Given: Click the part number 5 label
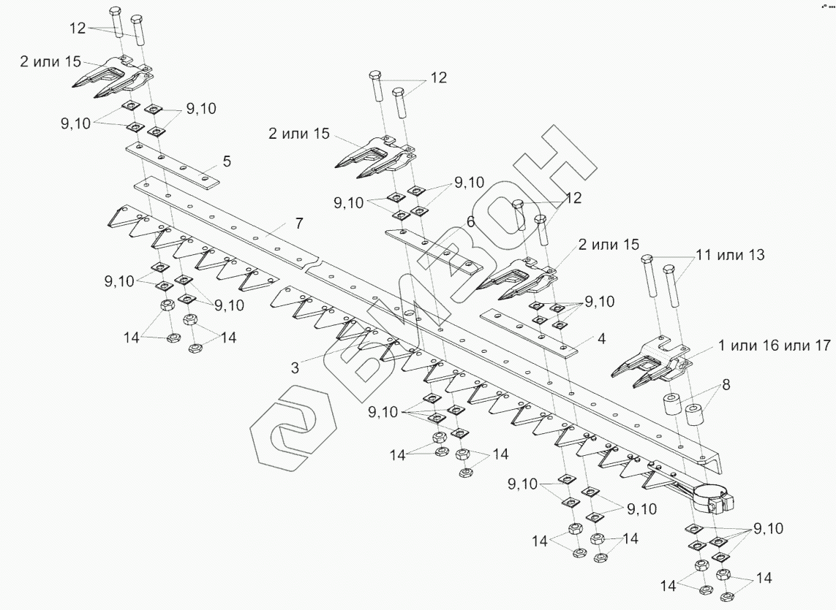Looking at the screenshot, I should (x=227, y=161).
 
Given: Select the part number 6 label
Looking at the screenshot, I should (x=471, y=221).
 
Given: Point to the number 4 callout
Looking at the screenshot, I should (x=601, y=339).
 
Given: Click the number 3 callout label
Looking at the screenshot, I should (x=295, y=368).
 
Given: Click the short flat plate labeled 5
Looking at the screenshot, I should (x=172, y=165).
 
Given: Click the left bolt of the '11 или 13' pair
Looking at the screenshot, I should (x=649, y=278).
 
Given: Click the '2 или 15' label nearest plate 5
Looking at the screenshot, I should (x=50, y=62).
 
